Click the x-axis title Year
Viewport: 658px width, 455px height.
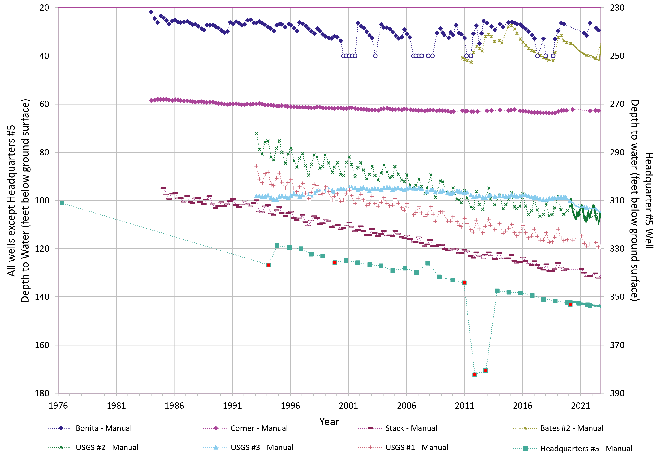point(329,422)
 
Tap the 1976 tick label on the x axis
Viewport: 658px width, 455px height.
point(58,406)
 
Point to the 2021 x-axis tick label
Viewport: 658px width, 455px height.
point(580,406)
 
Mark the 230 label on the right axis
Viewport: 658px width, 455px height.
point(617,8)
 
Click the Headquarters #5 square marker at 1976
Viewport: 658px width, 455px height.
point(62,203)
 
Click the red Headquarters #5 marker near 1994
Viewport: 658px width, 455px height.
point(268,265)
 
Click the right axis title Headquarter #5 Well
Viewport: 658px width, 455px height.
point(649,201)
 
